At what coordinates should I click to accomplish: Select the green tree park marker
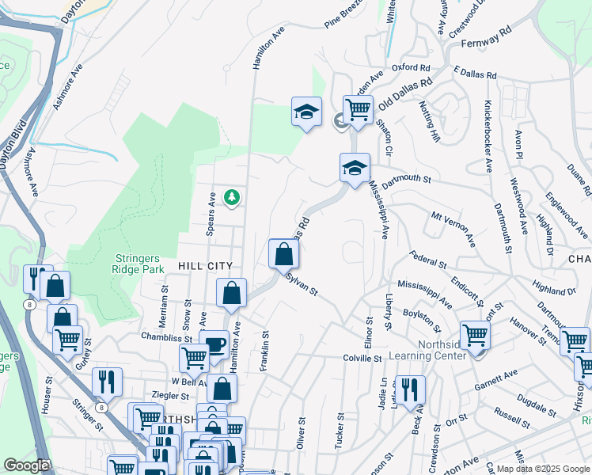(232, 196)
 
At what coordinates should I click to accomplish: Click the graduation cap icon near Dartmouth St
(355, 166)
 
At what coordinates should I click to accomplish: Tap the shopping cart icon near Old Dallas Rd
(358, 108)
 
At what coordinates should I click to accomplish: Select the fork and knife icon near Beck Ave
(410, 389)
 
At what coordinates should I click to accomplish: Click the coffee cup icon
(214, 344)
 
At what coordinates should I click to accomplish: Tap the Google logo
(26, 465)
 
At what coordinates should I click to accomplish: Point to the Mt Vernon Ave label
(453, 226)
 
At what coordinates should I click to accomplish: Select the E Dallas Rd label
(475, 72)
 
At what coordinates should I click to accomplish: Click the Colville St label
(362, 358)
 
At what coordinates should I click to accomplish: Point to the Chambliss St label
(167, 337)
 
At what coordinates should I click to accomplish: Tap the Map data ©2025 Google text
(542, 469)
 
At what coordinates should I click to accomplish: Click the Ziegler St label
(173, 396)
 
